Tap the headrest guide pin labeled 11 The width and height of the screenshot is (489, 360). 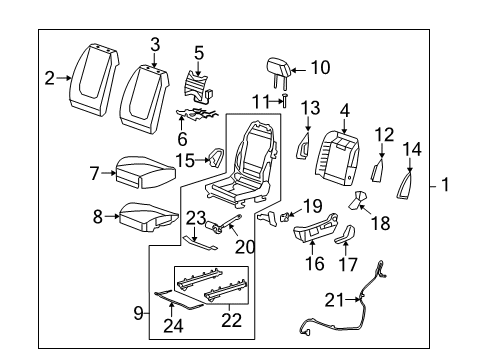285,100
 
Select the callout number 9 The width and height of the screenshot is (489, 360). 140,313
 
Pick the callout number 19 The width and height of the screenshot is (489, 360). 312,204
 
